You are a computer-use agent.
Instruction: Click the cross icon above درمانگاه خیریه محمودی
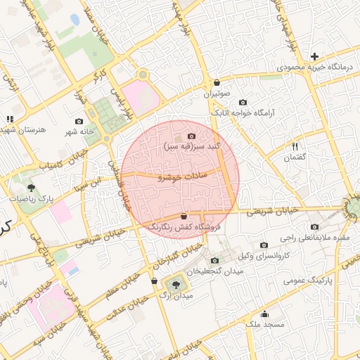point(314,56)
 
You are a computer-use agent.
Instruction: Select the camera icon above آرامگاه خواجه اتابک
point(243,102)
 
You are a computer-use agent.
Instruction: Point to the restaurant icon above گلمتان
point(295,146)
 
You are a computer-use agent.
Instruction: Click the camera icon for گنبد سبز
point(191,136)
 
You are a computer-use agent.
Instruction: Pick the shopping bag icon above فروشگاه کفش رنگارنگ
point(184,216)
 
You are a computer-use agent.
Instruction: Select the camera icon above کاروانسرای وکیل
point(264,245)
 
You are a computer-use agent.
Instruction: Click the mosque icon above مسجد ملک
point(264,314)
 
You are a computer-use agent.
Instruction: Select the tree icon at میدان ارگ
point(175,285)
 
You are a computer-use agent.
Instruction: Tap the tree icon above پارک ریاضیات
point(32,188)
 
